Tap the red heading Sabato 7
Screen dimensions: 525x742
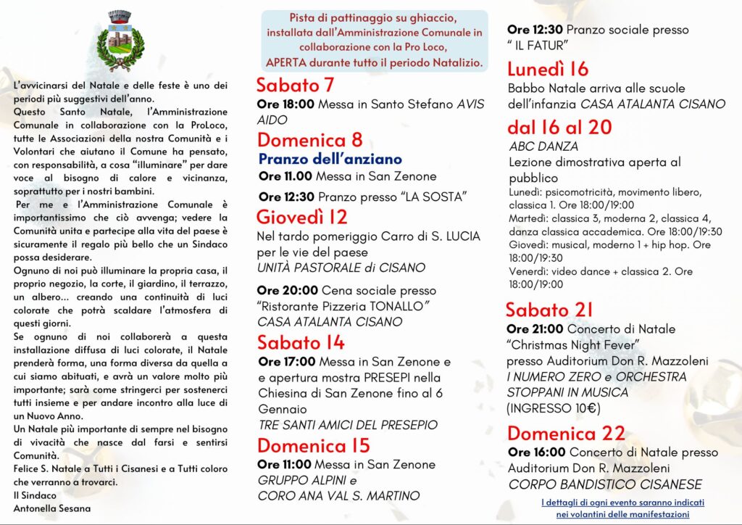[x=295, y=85]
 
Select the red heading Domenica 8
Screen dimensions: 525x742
[x=309, y=139]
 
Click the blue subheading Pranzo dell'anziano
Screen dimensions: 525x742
[x=330, y=159]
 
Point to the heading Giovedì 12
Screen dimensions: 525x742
[x=302, y=217]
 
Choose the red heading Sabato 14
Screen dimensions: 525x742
[x=301, y=342]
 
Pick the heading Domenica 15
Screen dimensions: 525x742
[x=313, y=445]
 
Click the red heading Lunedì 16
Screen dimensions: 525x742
[x=548, y=69]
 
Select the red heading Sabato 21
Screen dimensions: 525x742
[x=549, y=310]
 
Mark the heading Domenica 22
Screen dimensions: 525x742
[x=566, y=433]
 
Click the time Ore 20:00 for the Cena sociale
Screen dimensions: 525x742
[x=285, y=290]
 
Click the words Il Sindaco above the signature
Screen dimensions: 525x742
[x=36, y=495]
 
